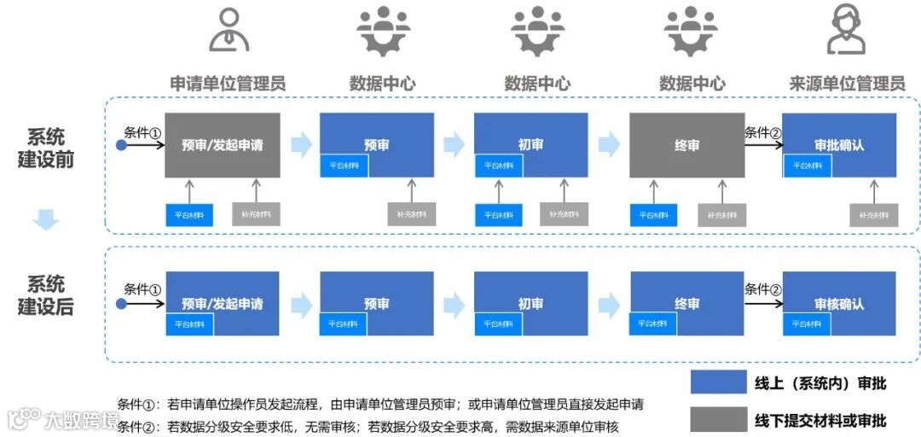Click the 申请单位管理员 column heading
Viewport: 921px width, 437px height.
point(227,84)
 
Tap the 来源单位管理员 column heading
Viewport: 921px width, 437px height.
point(847,84)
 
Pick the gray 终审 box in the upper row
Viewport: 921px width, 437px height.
point(686,145)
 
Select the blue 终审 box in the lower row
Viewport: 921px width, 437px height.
point(686,304)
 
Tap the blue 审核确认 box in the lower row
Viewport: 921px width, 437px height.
point(839,304)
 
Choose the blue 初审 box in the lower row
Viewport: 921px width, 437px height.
point(530,304)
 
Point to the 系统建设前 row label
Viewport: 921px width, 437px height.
point(45,148)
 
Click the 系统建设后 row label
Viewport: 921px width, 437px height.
point(45,295)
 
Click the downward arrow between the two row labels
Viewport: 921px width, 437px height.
point(45,220)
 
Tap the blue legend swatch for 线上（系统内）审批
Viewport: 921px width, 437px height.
point(719,383)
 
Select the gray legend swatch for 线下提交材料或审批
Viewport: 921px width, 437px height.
point(719,419)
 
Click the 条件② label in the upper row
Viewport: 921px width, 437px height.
point(762,132)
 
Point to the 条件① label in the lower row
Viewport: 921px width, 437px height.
point(142,288)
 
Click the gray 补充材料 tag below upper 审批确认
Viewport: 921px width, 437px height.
point(874,215)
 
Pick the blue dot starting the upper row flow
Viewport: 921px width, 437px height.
point(121,145)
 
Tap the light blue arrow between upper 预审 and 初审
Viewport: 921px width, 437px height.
point(455,145)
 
